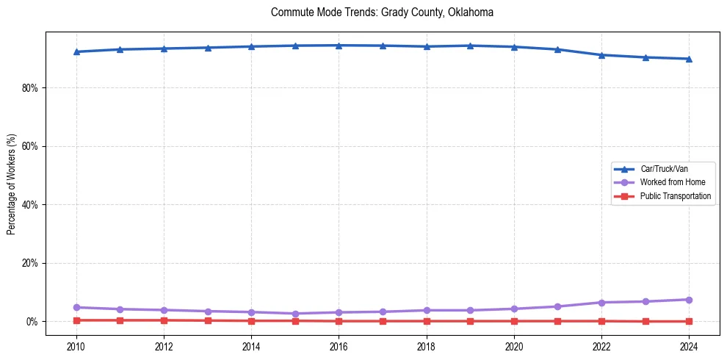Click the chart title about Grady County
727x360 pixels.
tap(382, 12)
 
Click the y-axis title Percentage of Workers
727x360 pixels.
tap(11, 184)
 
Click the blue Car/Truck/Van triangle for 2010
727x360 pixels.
tap(76, 51)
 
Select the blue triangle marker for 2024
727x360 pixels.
tap(689, 59)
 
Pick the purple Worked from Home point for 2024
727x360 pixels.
tap(689, 300)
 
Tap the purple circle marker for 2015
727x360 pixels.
tap(295, 314)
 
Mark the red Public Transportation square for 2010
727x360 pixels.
tap(76, 320)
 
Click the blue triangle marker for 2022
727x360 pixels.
tap(601, 55)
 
